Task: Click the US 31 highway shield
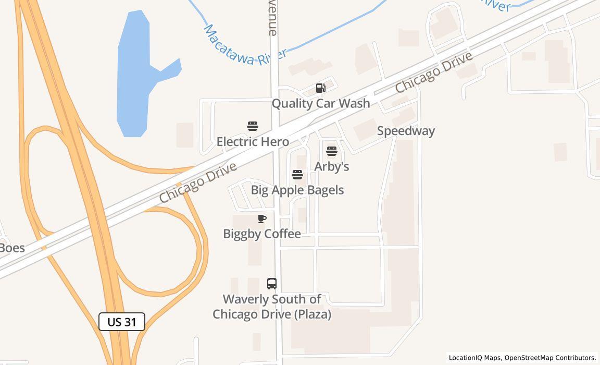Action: click(121, 322)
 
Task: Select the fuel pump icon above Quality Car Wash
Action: click(321, 88)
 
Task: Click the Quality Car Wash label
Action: click(321, 103)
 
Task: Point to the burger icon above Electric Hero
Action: click(253, 126)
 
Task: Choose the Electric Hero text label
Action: click(253, 141)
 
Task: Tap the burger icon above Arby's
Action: click(332, 152)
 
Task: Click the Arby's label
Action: click(332, 166)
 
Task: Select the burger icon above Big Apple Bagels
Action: click(297, 175)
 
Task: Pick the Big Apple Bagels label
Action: click(297, 190)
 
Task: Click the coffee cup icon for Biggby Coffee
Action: click(262, 219)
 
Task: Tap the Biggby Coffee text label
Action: click(262, 234)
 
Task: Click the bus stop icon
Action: click(272, 284)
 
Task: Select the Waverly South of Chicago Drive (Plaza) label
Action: click(272, 307)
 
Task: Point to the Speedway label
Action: click(406, 131)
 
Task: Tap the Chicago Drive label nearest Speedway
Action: click(433, 72)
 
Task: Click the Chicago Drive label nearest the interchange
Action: click(198, 182)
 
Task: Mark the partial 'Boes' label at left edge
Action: click(11, 248)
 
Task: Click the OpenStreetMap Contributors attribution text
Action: click(550, 358)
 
